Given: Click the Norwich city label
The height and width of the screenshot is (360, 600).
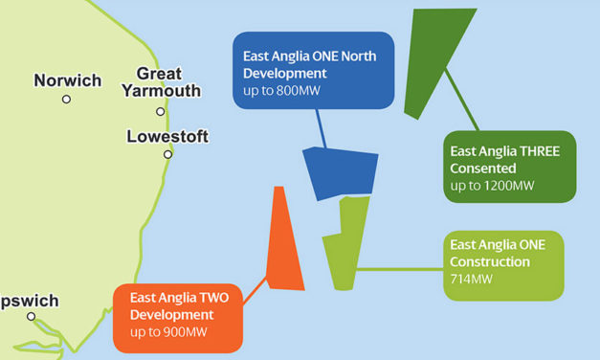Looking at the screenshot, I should click(x=67, y=80).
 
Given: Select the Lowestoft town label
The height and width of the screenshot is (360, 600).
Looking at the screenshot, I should click(x=167, y=137).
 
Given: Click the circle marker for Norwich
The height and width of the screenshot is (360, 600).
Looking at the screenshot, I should click(x=66, y=99).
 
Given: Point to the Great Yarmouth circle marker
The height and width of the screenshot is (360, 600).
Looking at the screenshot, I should click(x=161, y=111).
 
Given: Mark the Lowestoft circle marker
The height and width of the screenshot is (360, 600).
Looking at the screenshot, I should click(x=167, y=154).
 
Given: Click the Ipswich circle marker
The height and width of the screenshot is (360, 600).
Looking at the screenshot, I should click(x=31, y=317).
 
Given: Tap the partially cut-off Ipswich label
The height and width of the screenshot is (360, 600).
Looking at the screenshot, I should click(x=29, y=301).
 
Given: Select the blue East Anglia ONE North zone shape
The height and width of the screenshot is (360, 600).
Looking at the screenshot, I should click(x=340, y=172).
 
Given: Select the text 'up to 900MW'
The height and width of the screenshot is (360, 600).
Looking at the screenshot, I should click(x=168, y=332).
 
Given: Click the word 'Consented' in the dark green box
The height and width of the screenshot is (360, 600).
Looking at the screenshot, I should click(x=484, y=168).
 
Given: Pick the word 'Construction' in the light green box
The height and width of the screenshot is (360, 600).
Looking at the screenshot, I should click(x=490, y=261).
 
